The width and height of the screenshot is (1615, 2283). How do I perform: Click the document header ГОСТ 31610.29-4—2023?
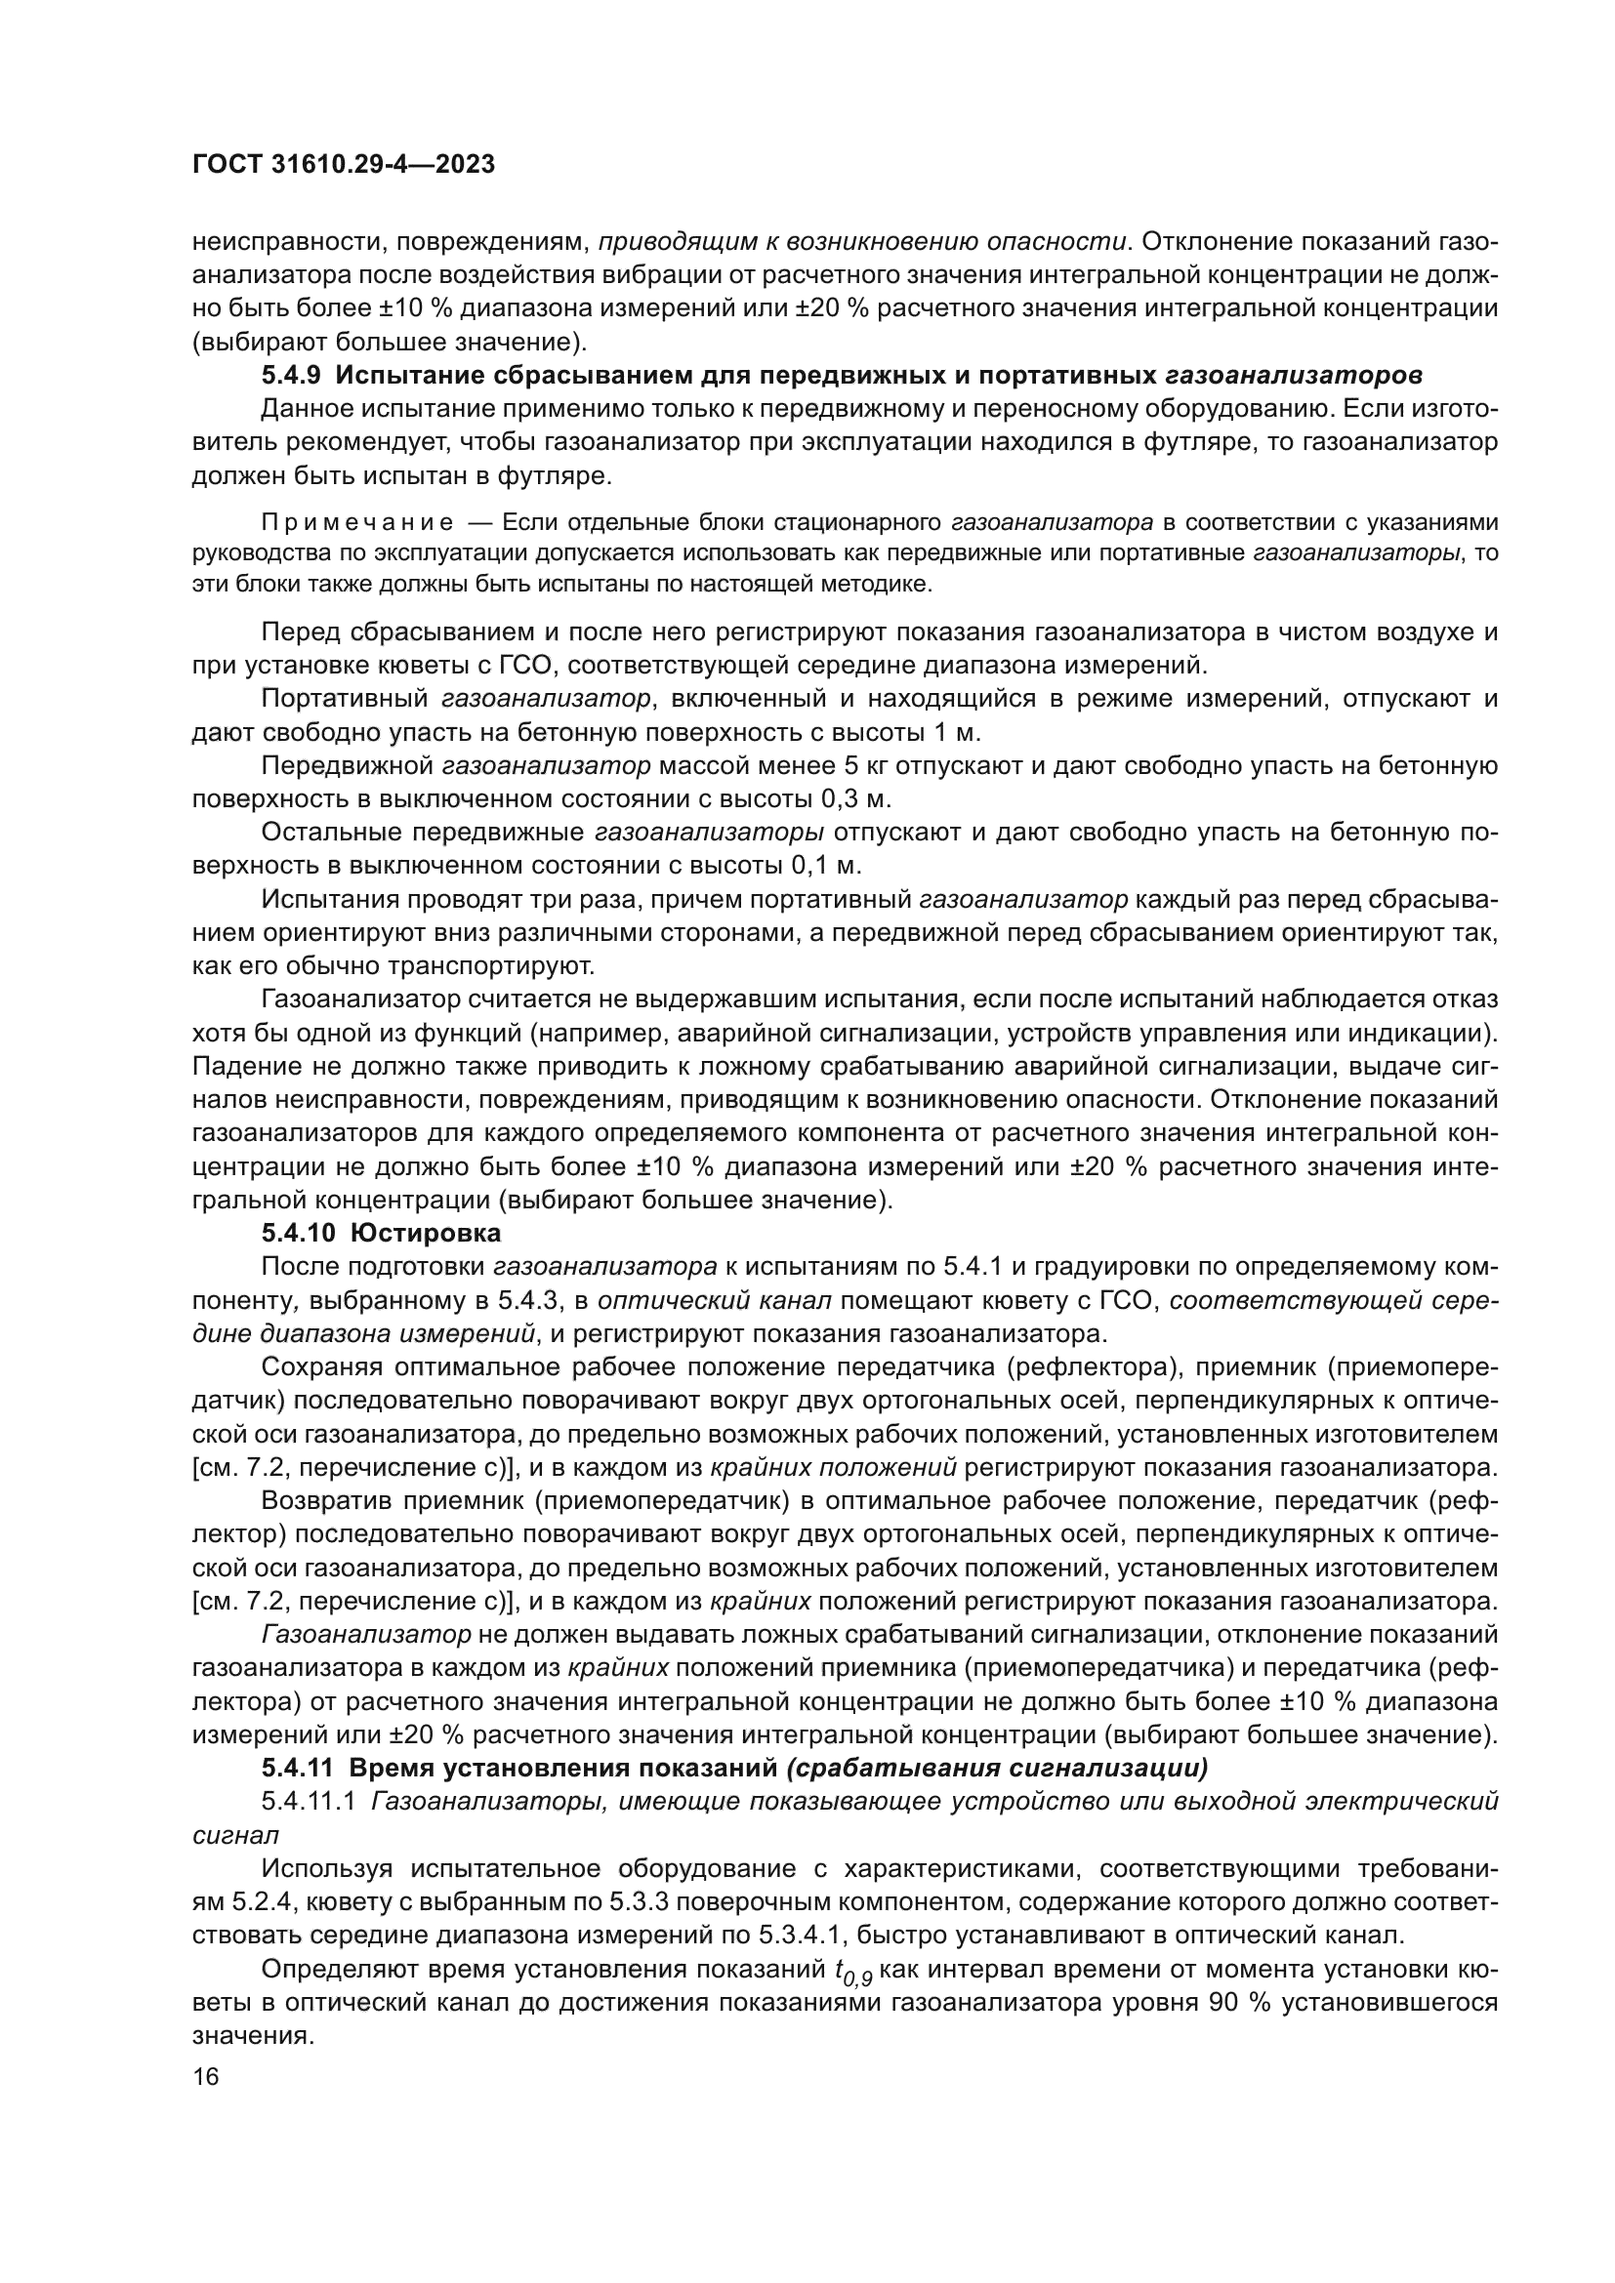coord(343,165)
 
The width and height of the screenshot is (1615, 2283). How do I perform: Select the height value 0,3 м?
coord(856,798)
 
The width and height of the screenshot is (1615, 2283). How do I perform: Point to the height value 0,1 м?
coord(827,865)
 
